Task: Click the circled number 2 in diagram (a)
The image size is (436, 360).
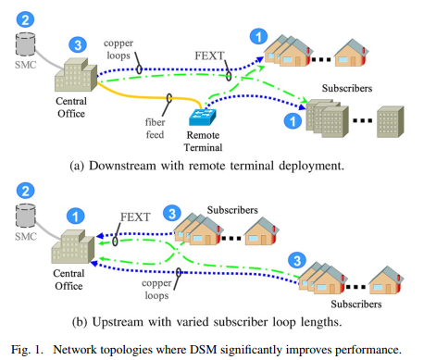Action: tap(28, 19)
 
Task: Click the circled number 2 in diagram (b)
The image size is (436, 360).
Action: tap(27, 194)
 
